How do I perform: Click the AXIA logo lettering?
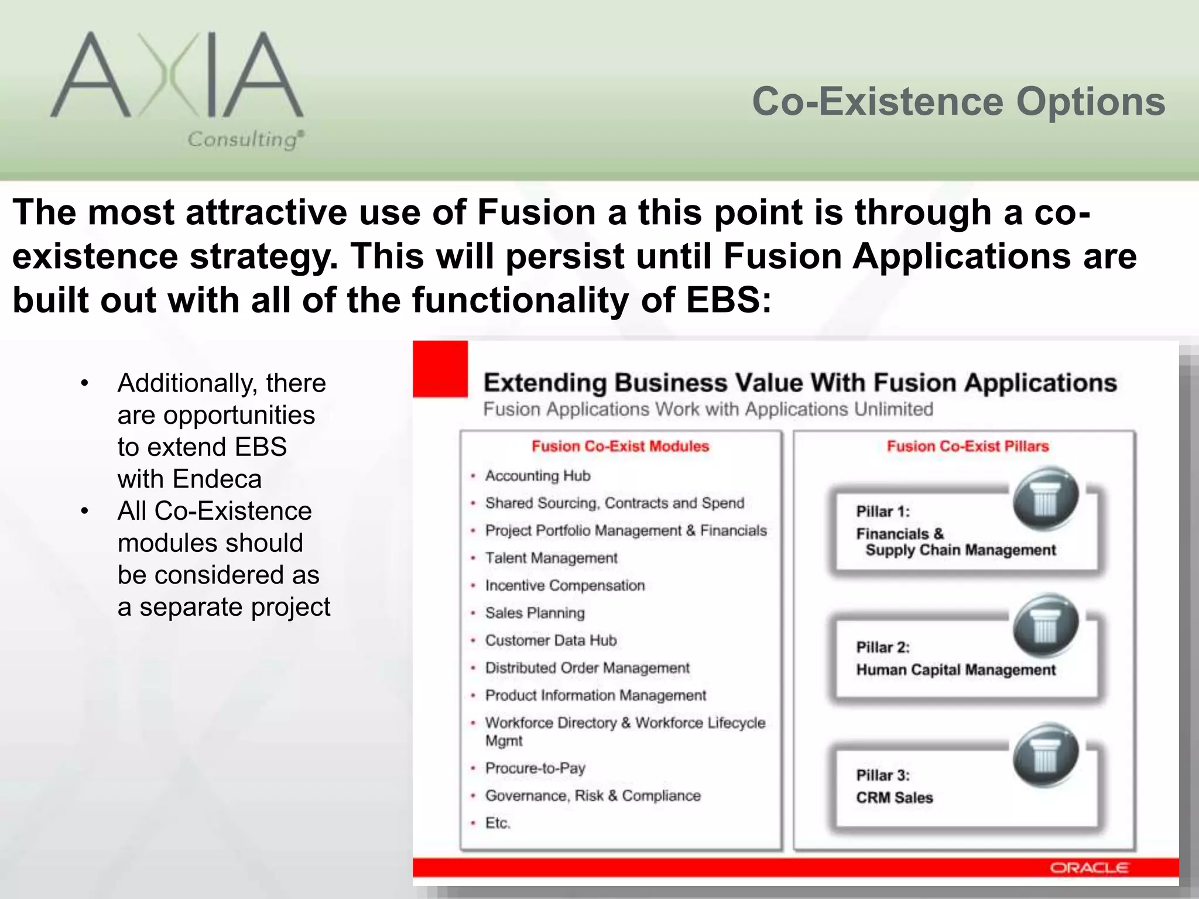(176, 76)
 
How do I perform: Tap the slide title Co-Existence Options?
(958, 102)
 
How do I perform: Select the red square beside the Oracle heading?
(440, 369)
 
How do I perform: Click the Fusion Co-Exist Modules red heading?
(620, 447)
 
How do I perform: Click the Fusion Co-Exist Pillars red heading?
(967, 447)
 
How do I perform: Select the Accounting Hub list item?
(537, 476)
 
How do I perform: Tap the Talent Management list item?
(551, 558)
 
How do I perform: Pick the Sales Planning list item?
(535, 613)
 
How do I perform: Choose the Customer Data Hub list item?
(550, 640)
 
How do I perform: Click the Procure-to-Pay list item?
(535, 768)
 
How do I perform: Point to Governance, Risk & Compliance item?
(592, 795)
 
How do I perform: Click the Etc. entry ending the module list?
(498, 823)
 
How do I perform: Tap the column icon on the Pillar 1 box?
(1045, 498)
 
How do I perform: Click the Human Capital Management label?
(955, 670)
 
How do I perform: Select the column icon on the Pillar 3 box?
(1045, 755)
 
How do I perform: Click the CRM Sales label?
(894, 798)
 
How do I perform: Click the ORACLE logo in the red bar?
(1088, 868)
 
